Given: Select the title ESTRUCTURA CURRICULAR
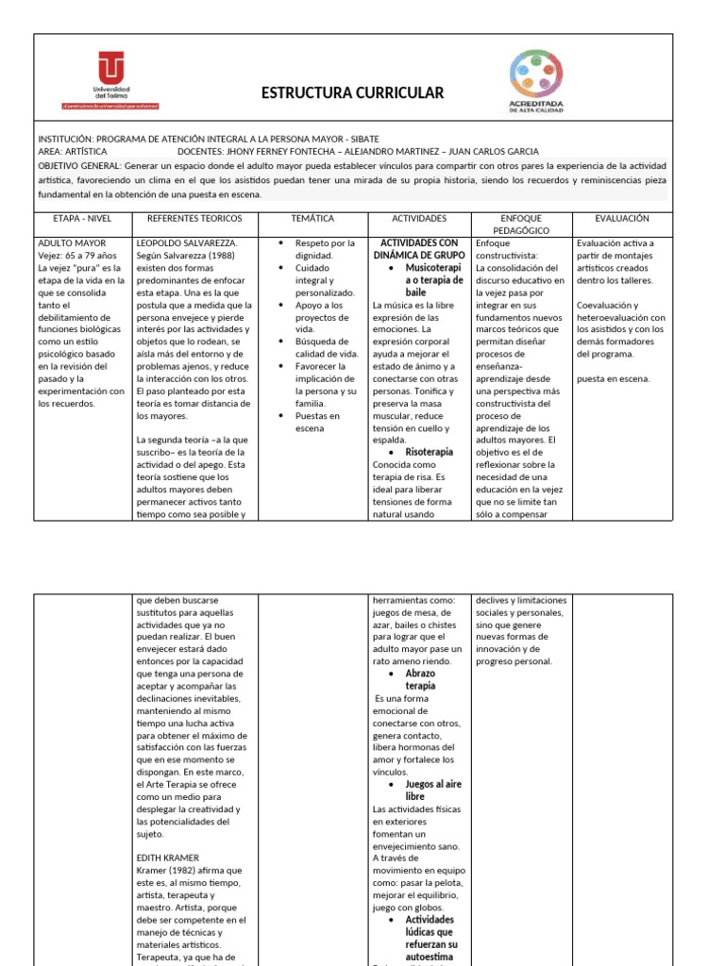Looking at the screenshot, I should click(351, 92).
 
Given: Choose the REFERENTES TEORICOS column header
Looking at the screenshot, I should click(195, 218).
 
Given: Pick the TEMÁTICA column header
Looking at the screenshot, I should click(312, 218).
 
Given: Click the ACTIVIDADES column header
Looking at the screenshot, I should click(419, 218).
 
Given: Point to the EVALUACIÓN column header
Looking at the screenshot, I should click(622, 218).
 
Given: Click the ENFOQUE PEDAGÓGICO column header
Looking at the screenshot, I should click(521, 224).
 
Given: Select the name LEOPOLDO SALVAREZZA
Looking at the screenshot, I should click(187, 242).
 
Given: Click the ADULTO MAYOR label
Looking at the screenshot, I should click(72, 242).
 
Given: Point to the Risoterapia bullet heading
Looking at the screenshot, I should click(429, 452).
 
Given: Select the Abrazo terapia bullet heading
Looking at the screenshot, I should click(420, 680).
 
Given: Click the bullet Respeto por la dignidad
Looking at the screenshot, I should click(325, 249).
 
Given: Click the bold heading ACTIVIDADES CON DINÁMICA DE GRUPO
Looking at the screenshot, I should click(419, 249).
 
